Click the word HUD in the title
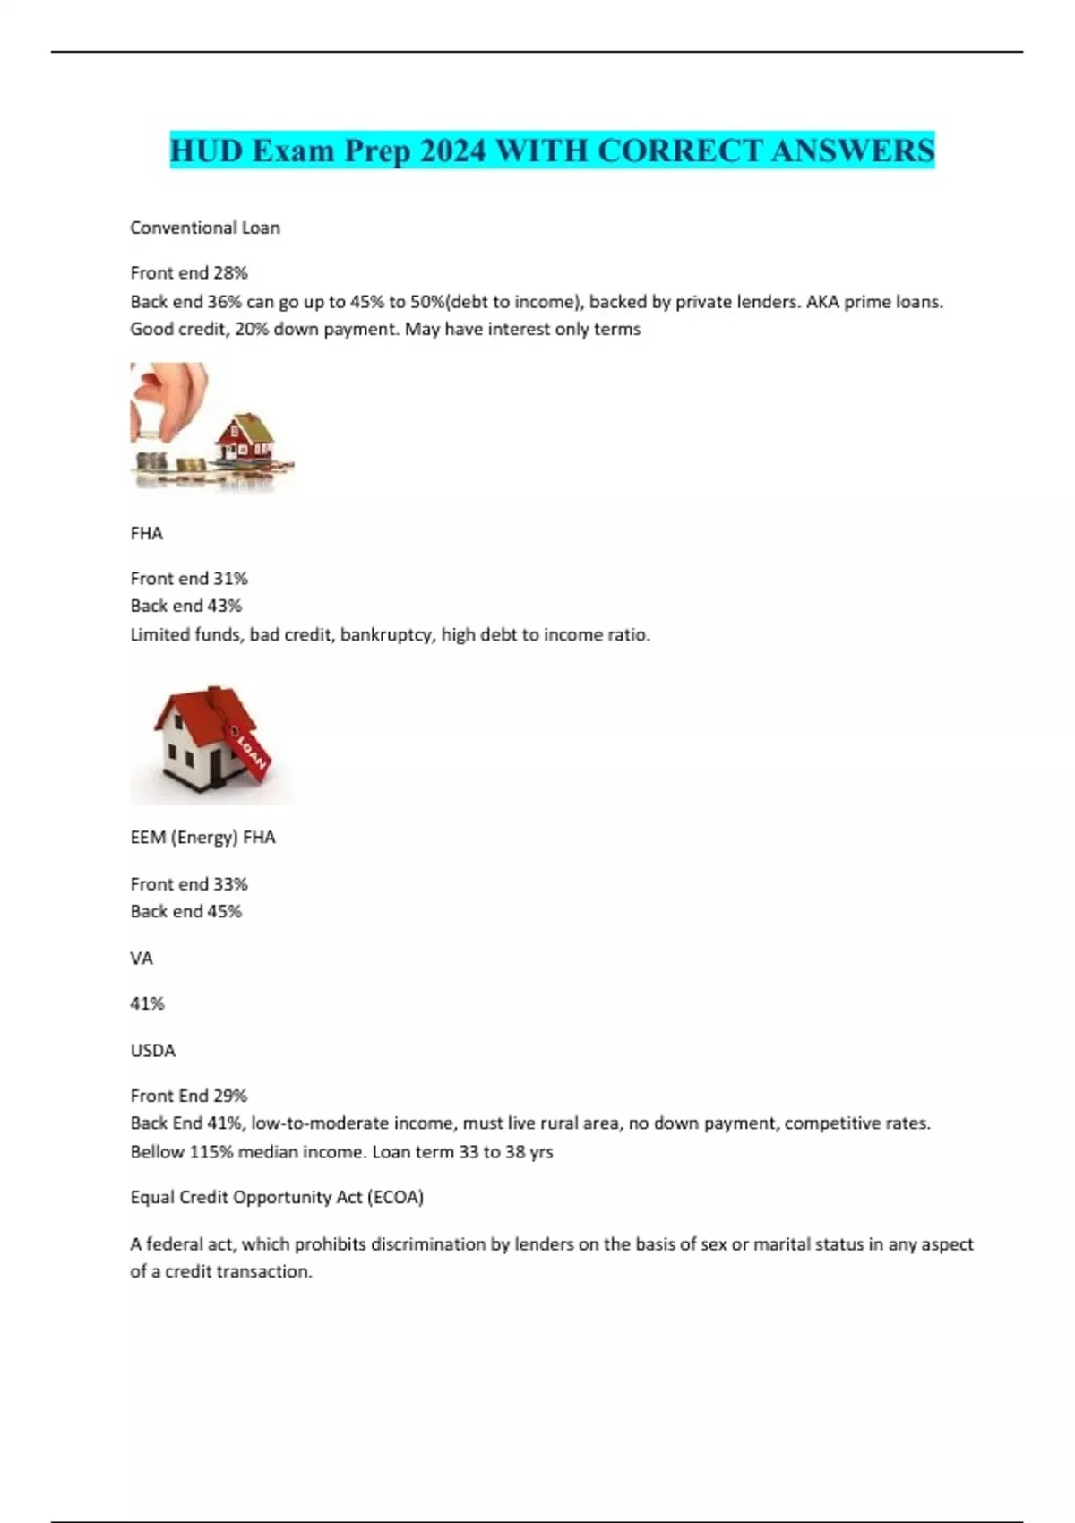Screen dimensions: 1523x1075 coord(206,151)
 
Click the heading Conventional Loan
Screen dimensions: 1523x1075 coord(205,228)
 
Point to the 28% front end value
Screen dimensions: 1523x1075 coord(230,272)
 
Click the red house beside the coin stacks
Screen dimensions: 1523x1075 coord(243,436)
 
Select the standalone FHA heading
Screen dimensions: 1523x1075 coord(146,533)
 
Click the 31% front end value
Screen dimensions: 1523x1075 coord(230,578)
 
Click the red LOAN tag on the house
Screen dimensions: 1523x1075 coord(250,751)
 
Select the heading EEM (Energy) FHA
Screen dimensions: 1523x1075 coord(202,837)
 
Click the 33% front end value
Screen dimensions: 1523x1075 coord(230,883)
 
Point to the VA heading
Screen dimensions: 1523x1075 coord(142,958)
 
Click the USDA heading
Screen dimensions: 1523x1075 coord(152,1050)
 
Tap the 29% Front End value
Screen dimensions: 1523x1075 coord(230,1095)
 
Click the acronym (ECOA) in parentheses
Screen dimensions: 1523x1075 coord(395,1197)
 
